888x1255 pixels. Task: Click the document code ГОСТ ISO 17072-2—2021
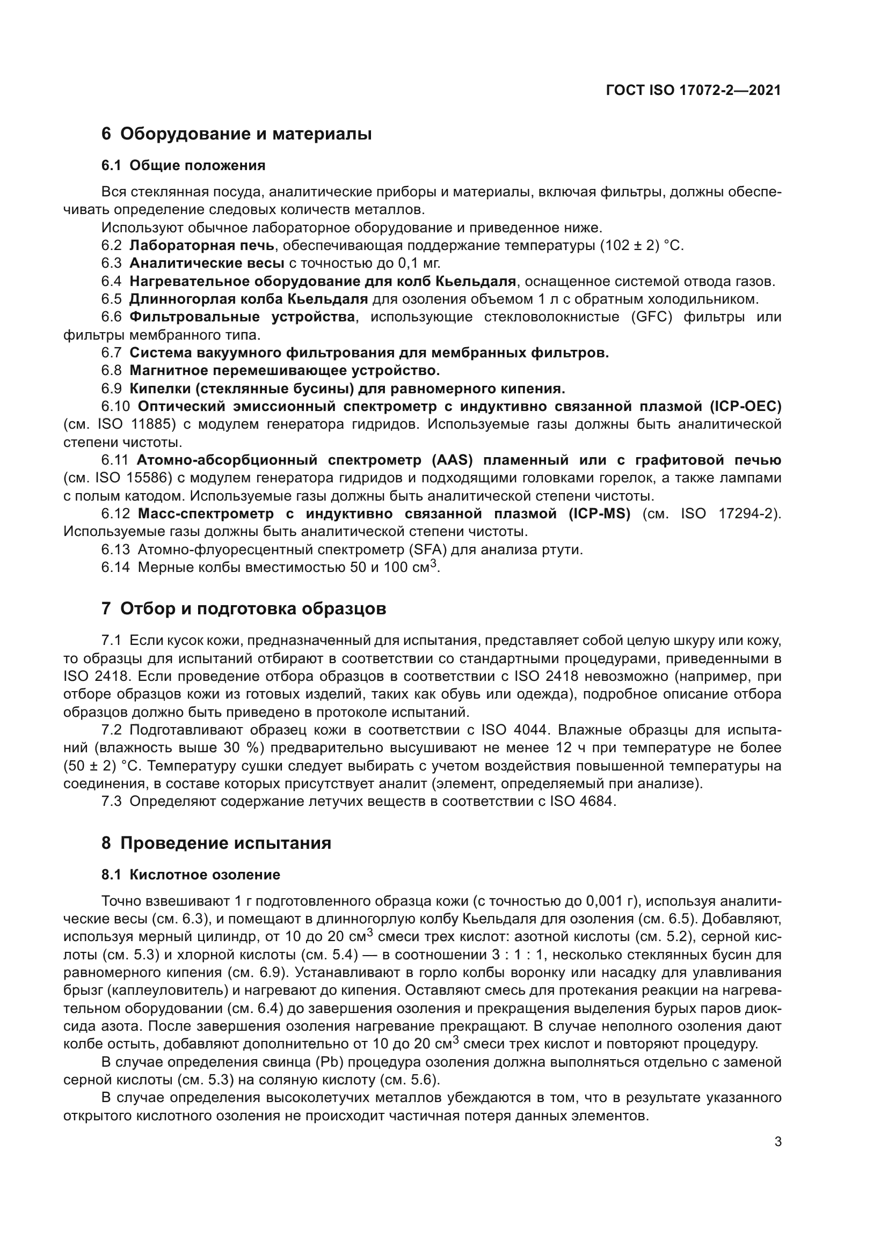(x=693, y=91)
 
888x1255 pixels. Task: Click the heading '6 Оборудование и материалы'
(x=236, y=134)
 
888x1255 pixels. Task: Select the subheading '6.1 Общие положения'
(x=183, y=166)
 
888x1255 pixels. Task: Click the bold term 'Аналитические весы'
(x=207, y=263)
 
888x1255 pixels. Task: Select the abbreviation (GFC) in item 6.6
(x=651, y=317)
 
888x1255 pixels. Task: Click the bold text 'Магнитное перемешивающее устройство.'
(x=285, y=371)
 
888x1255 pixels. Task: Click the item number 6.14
(x=115, y=567)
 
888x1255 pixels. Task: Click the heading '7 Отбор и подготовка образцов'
(x=243, y=608)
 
